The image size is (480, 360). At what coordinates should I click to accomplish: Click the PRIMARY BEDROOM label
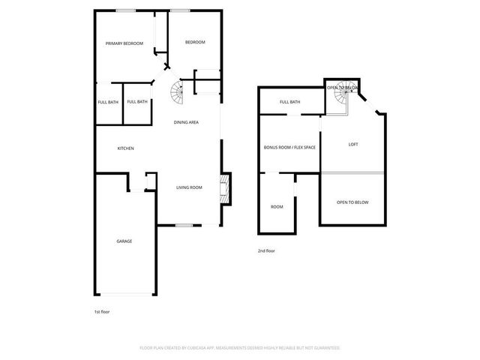pyautogui.click(x=124, y=43)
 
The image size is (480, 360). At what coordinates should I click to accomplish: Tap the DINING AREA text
pyautogui.click(x=186, y=122)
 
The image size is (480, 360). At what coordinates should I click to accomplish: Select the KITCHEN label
pyautogui.click(x=125, y=148)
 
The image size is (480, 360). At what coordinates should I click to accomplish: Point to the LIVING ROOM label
pyautogui.click(x=189, y=187)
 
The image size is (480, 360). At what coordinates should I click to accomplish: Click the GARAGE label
pyautogui.click(x=124, y=241)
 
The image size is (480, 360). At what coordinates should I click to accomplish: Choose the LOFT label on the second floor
pyautogui.click(x=352, y=144)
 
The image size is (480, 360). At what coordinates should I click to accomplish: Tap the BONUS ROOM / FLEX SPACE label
pyautogui.click(x=289, y=147)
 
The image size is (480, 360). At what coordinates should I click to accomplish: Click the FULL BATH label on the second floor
pyautogui.click(x=289, y=102)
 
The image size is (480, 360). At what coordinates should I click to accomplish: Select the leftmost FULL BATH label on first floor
pyautogui.click(x=107, y=102)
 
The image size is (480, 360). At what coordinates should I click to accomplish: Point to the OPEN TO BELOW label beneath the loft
pyautogui.click(x=352, y=202)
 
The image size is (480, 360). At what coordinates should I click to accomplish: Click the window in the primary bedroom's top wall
pyautogui.click(x=124, y=10)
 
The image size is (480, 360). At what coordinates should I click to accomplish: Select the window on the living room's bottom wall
pyautogui.click(x=184, y=224)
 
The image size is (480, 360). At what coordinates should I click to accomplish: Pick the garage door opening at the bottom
pyautogui.click(x=125, y=295)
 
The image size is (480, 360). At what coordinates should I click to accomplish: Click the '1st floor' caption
pyautogui.click(x=102, y=311)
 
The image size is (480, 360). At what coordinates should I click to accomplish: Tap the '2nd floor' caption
pyautogui.click(x=266, y=250)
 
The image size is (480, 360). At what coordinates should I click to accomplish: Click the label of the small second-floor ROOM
pyautogui.click(x=277, y=206)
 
